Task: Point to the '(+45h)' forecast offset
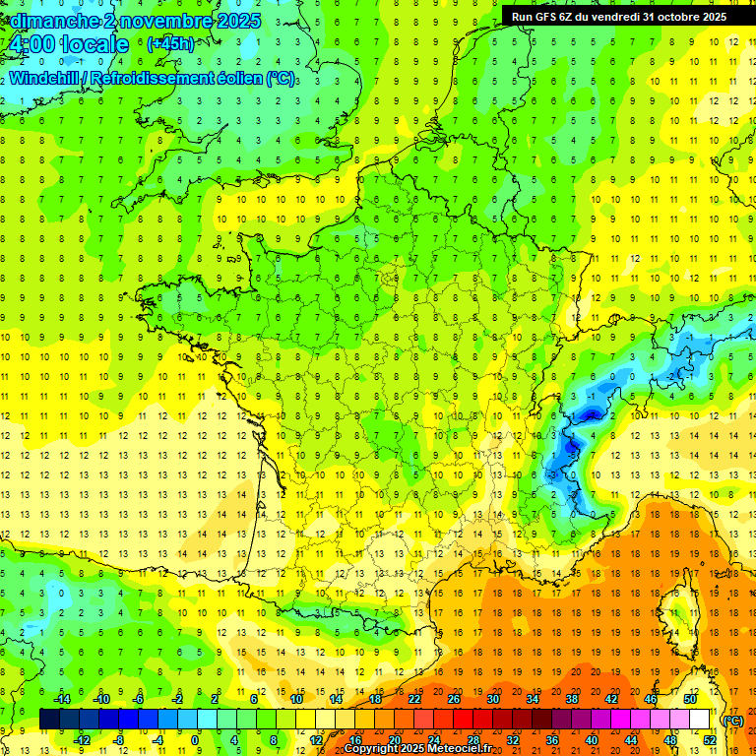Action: (170, 43)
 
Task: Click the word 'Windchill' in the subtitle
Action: (45, 78)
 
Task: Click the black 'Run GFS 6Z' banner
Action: (619, 16)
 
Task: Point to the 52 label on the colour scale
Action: (710, 739)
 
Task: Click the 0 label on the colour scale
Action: (195, 739)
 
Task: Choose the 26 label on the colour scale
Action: (454, 699)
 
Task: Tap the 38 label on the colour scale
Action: (572, 699)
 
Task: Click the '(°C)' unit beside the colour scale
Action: (733, 721)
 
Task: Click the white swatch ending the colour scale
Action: (700, 720)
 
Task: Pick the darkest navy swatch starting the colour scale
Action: (50, 720)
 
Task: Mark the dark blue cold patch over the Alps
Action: (567, 453)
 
